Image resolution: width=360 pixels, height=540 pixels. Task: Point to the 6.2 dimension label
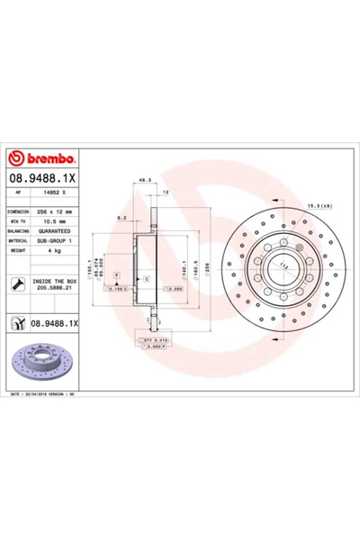pyautogui.click(x=121, y=217)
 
